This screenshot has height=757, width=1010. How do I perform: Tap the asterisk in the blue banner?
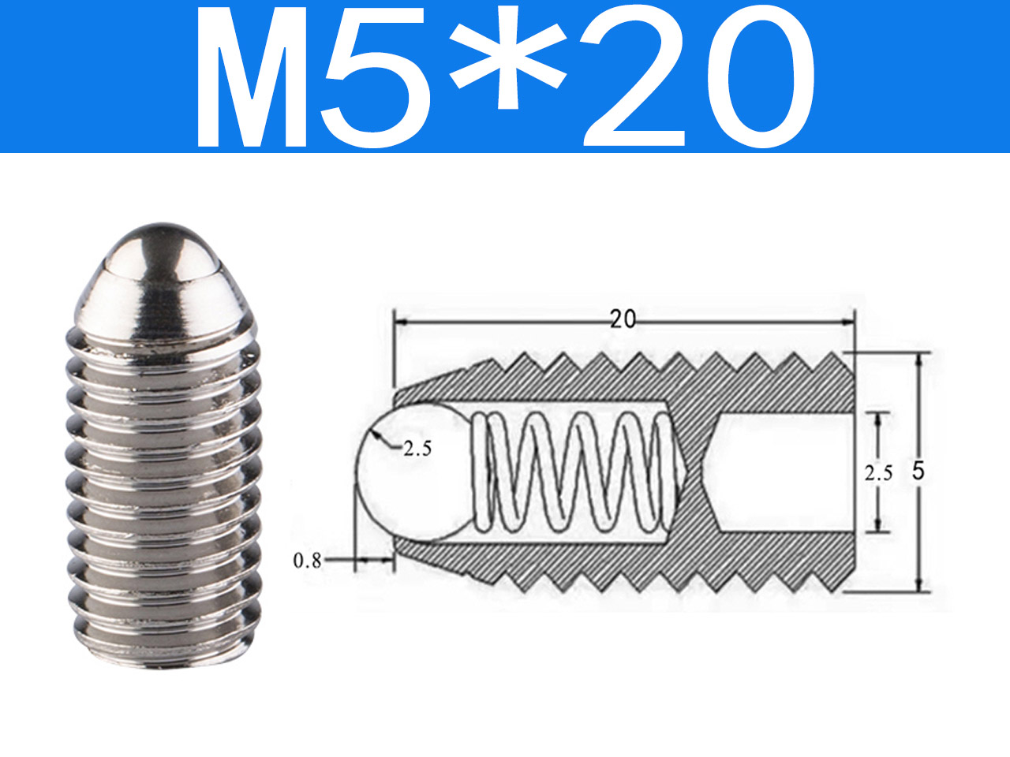point(508,58)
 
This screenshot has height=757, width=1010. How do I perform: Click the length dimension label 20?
point(623,319)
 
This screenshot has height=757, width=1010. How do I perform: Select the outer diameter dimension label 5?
point(918,471)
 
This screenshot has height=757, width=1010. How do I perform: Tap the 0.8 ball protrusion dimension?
point(307,561)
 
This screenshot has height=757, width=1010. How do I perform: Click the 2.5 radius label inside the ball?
point(417,449)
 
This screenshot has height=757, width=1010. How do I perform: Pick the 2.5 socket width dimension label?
point(878,473)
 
